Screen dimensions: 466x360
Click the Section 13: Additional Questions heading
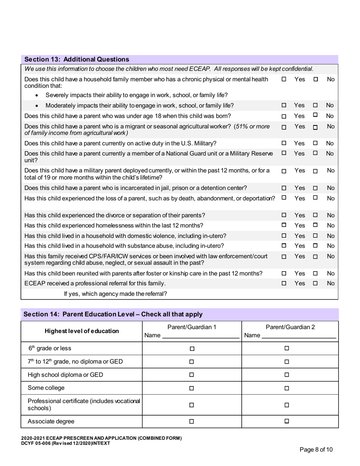pos(77,59)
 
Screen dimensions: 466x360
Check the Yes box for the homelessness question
pos(284,225)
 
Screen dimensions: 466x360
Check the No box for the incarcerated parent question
pos(315,188)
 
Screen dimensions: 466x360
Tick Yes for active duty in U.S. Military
pos(284,143)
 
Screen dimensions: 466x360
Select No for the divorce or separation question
pos(315,215)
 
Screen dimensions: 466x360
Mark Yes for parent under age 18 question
pos(284,116)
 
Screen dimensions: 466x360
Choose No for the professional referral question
pos(315,283)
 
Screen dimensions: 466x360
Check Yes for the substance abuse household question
pos(284,246)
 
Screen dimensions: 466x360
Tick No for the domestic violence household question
pos(315,236)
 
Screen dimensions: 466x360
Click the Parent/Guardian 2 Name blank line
pos(299,336)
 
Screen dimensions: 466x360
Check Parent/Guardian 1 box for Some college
pos(192,388)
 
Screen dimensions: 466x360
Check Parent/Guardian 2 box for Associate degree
pos(287,421)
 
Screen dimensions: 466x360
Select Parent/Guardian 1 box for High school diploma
pos(192,375)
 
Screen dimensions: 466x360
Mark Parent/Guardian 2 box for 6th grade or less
pos(287,348)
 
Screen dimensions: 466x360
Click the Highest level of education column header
pos(81,331)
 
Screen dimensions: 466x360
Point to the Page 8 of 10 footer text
pos(316,450)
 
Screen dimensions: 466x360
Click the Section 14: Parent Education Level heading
pos(113,314)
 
